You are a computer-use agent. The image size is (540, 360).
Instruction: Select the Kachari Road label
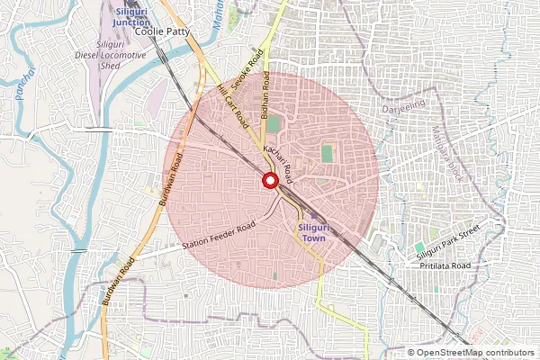tap(276, 157)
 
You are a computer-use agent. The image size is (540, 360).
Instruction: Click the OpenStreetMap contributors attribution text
tap(471, 353)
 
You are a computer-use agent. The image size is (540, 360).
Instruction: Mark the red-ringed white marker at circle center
tap(269, 180)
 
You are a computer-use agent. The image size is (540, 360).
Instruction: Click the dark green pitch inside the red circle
tap(327, 153)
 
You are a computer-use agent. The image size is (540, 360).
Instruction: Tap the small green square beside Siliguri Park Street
tap(419, 247)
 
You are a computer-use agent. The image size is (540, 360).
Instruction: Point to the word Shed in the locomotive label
tap(111, 64)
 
